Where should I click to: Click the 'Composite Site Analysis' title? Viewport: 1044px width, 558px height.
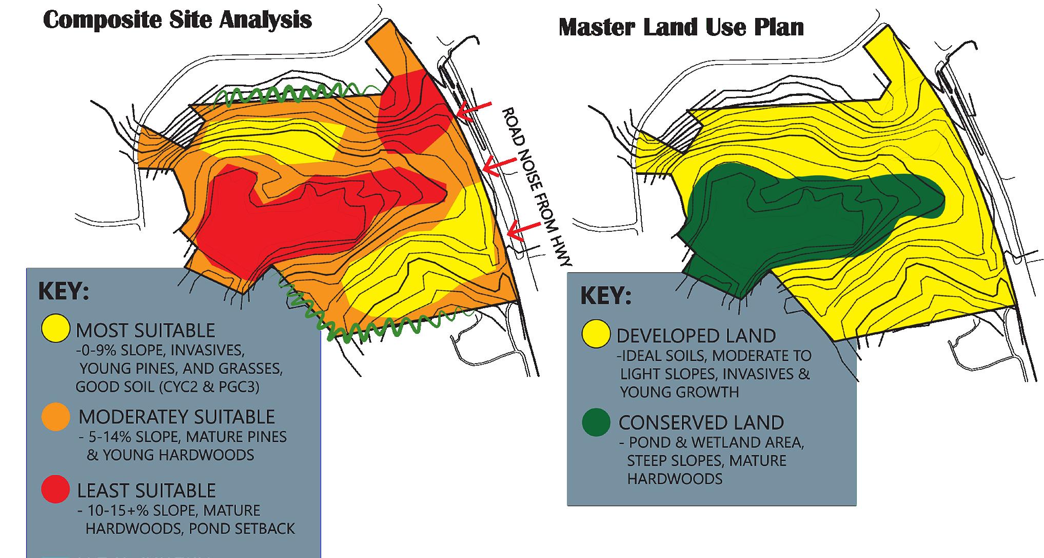point(178,21)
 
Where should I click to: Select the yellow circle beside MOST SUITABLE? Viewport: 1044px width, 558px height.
point(55,328)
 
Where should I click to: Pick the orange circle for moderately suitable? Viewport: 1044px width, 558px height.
point(55,416)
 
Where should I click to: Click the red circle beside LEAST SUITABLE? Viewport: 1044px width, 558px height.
point(55,489)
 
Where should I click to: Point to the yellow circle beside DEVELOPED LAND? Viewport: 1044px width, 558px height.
point(596,333)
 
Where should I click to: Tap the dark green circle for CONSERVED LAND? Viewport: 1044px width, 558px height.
point(596,422)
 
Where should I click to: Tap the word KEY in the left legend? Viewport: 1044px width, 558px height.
point(64,292)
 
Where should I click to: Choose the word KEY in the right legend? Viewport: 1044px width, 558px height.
point(605,296)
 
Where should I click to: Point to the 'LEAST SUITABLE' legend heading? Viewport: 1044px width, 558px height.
point(146,491)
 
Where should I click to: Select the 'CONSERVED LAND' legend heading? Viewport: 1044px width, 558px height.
point(701,423)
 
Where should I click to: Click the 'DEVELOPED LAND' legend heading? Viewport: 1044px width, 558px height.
point(696,336)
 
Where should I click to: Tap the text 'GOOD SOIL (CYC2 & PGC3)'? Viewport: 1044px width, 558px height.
point(167,387)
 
